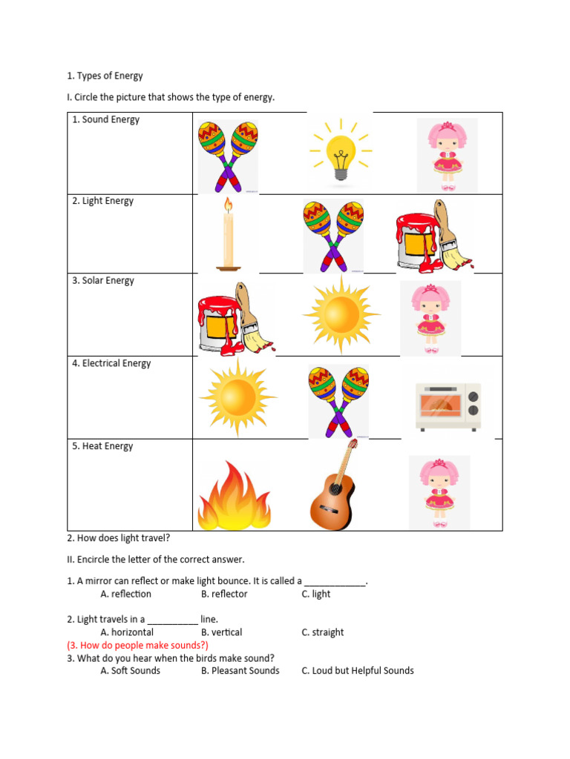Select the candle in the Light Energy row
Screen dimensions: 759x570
click(229, 233)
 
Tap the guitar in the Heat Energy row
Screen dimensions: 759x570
click(334, 485)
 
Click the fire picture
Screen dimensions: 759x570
click(234, 497)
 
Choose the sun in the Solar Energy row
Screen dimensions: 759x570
click(341, 315)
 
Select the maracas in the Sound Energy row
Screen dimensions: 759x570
click(228, 156)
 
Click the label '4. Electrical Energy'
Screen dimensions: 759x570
click(111, 363)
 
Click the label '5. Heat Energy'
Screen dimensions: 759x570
click(102, 446)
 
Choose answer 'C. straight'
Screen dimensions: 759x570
click(323, 632)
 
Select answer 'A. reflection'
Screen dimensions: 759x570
click(125, 594)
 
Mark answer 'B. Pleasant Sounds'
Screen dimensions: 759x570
click(240, 671)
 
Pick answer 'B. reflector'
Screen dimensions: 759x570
click(224, 594)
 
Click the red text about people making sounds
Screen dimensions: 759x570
click(137, 645)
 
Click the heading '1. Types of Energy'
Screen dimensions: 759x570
click(105, 76)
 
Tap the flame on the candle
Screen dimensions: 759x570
click(228, 204)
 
